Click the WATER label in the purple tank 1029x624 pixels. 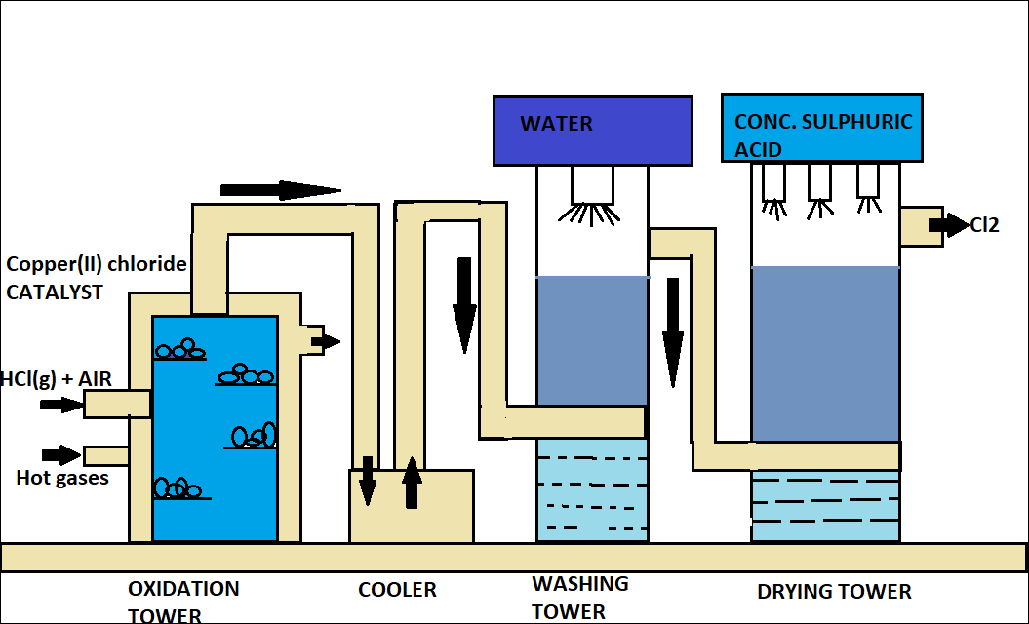[556, 124]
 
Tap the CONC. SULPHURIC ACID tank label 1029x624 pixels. [823, 135]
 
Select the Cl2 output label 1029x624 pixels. [985, 225]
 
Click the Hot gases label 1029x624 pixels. [62, 478]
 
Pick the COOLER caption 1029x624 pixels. [397, 590]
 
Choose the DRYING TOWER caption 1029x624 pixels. [834, 592]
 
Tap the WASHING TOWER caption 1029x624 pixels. [579, 597]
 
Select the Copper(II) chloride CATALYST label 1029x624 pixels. [96, 278]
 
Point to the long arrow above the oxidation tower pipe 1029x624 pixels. [280, 190]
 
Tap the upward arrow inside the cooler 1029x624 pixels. [412, 483]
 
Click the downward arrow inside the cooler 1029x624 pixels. [368, 481]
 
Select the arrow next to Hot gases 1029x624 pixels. [62, 454]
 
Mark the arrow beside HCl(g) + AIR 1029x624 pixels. [61, 404]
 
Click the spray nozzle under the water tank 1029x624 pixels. [593, 195]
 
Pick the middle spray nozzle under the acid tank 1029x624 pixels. [819, 190]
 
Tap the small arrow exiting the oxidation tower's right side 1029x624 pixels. [325, 341]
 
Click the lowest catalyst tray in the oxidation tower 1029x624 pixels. [181, 489]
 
